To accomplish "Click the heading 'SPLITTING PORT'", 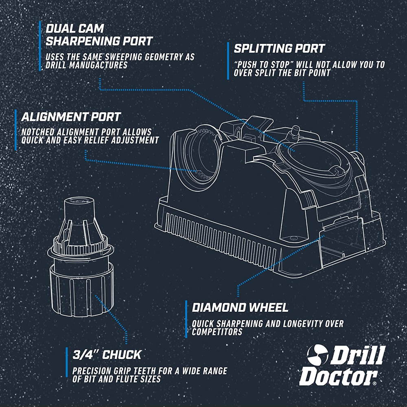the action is [279, 48].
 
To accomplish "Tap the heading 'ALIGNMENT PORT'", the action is [71, 117].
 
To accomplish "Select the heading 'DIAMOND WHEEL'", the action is [240, 308].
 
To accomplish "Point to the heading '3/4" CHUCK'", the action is [107, 355].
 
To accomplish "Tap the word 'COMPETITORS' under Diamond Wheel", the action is [217, 331].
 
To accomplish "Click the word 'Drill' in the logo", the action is [358, 355].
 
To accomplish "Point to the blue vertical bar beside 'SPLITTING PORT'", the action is [228, 61].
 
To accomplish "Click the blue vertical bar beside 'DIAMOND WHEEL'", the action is [186, 319].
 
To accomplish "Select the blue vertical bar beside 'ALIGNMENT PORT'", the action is [15, 130].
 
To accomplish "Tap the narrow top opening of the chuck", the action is [79, 200].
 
